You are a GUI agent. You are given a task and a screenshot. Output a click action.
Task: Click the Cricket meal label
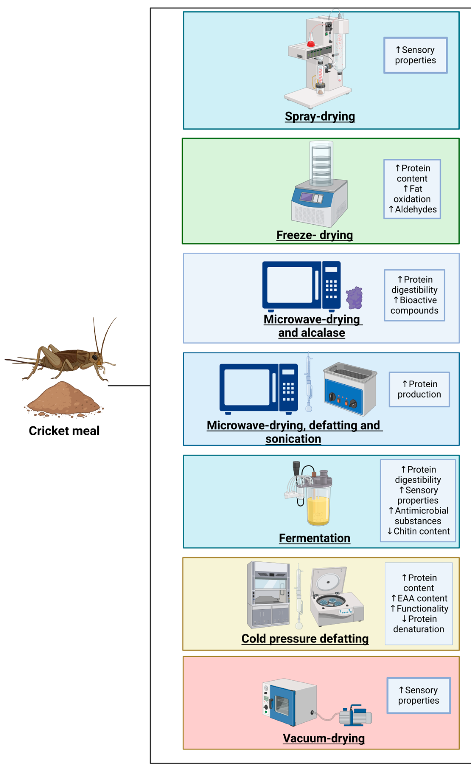[64, 430]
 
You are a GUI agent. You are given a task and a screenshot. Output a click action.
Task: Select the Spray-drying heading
[320, 116]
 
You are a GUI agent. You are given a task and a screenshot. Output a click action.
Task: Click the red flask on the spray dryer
[311, 41]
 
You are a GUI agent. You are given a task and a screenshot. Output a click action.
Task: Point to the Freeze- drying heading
[315, 235]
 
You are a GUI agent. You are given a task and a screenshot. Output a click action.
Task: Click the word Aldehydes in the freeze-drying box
[416, 210]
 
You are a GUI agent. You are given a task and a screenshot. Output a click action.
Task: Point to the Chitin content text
[421, 531]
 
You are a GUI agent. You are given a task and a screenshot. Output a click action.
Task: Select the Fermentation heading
[315, 538]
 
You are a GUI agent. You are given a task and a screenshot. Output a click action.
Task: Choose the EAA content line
[422, 598]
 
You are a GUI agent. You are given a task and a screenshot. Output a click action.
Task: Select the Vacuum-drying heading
[324, 738]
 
